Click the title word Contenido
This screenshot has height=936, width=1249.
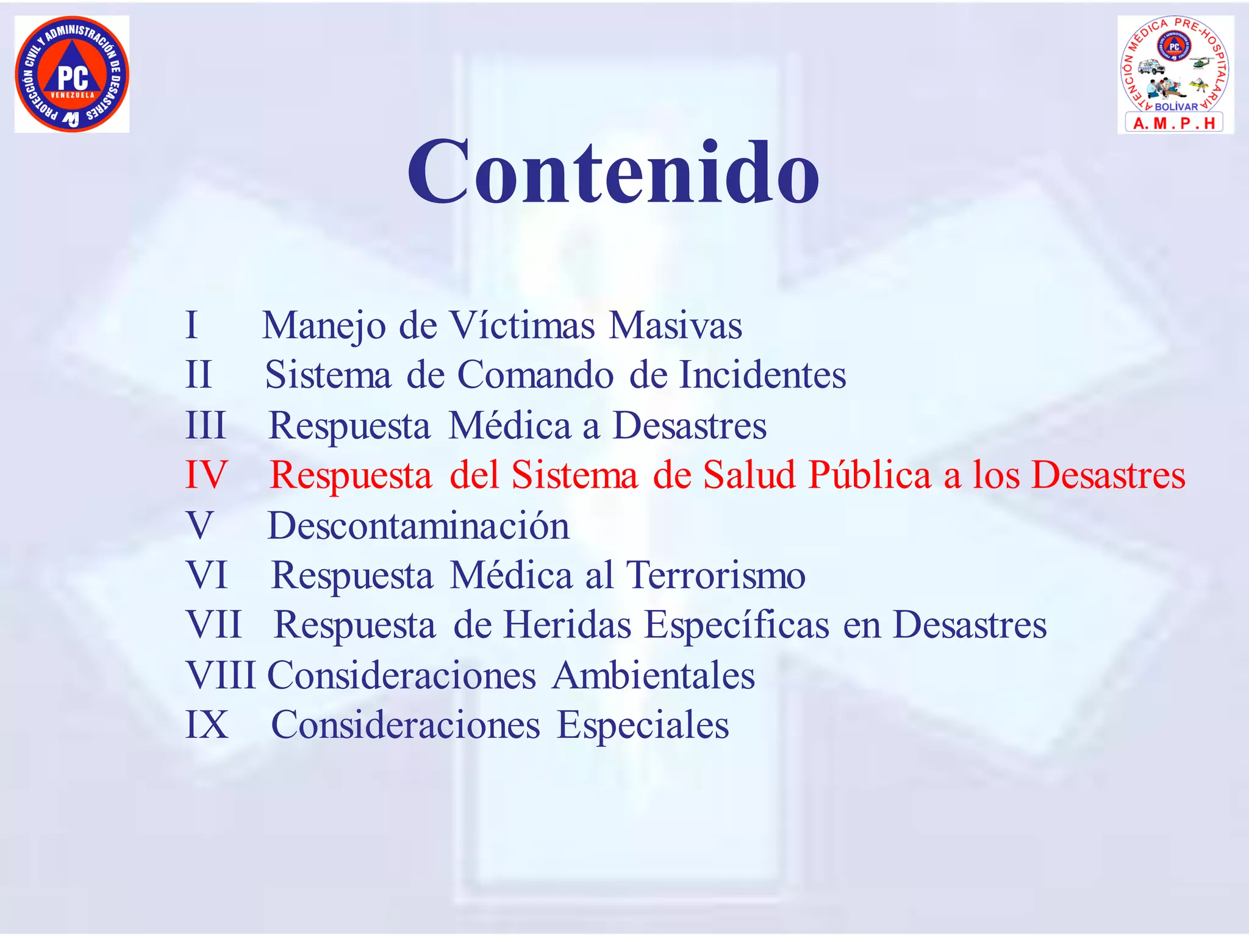point(614,172)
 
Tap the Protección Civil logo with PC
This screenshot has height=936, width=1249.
point(72,74)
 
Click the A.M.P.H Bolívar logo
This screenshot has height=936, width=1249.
point(1175,74)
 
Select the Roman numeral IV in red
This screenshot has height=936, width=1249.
point(206,475)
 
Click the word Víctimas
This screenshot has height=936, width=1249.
point(521,325)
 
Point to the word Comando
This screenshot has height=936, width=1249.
point(535,375)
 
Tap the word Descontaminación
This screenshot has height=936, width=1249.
point(418,526)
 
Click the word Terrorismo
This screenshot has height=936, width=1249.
point(716,575)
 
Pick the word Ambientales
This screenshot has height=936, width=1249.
point(653,676)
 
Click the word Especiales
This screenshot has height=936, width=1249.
point(643,725)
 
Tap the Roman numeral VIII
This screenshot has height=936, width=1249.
point(221,676)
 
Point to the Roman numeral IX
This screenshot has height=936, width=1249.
point(207,725)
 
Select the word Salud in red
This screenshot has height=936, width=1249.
point(750,475)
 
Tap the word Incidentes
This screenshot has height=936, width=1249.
point(762,375)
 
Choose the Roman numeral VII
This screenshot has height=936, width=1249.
point(213,625)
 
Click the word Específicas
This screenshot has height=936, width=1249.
point(737,625)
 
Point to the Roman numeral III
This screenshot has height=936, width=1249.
point(206,425)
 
